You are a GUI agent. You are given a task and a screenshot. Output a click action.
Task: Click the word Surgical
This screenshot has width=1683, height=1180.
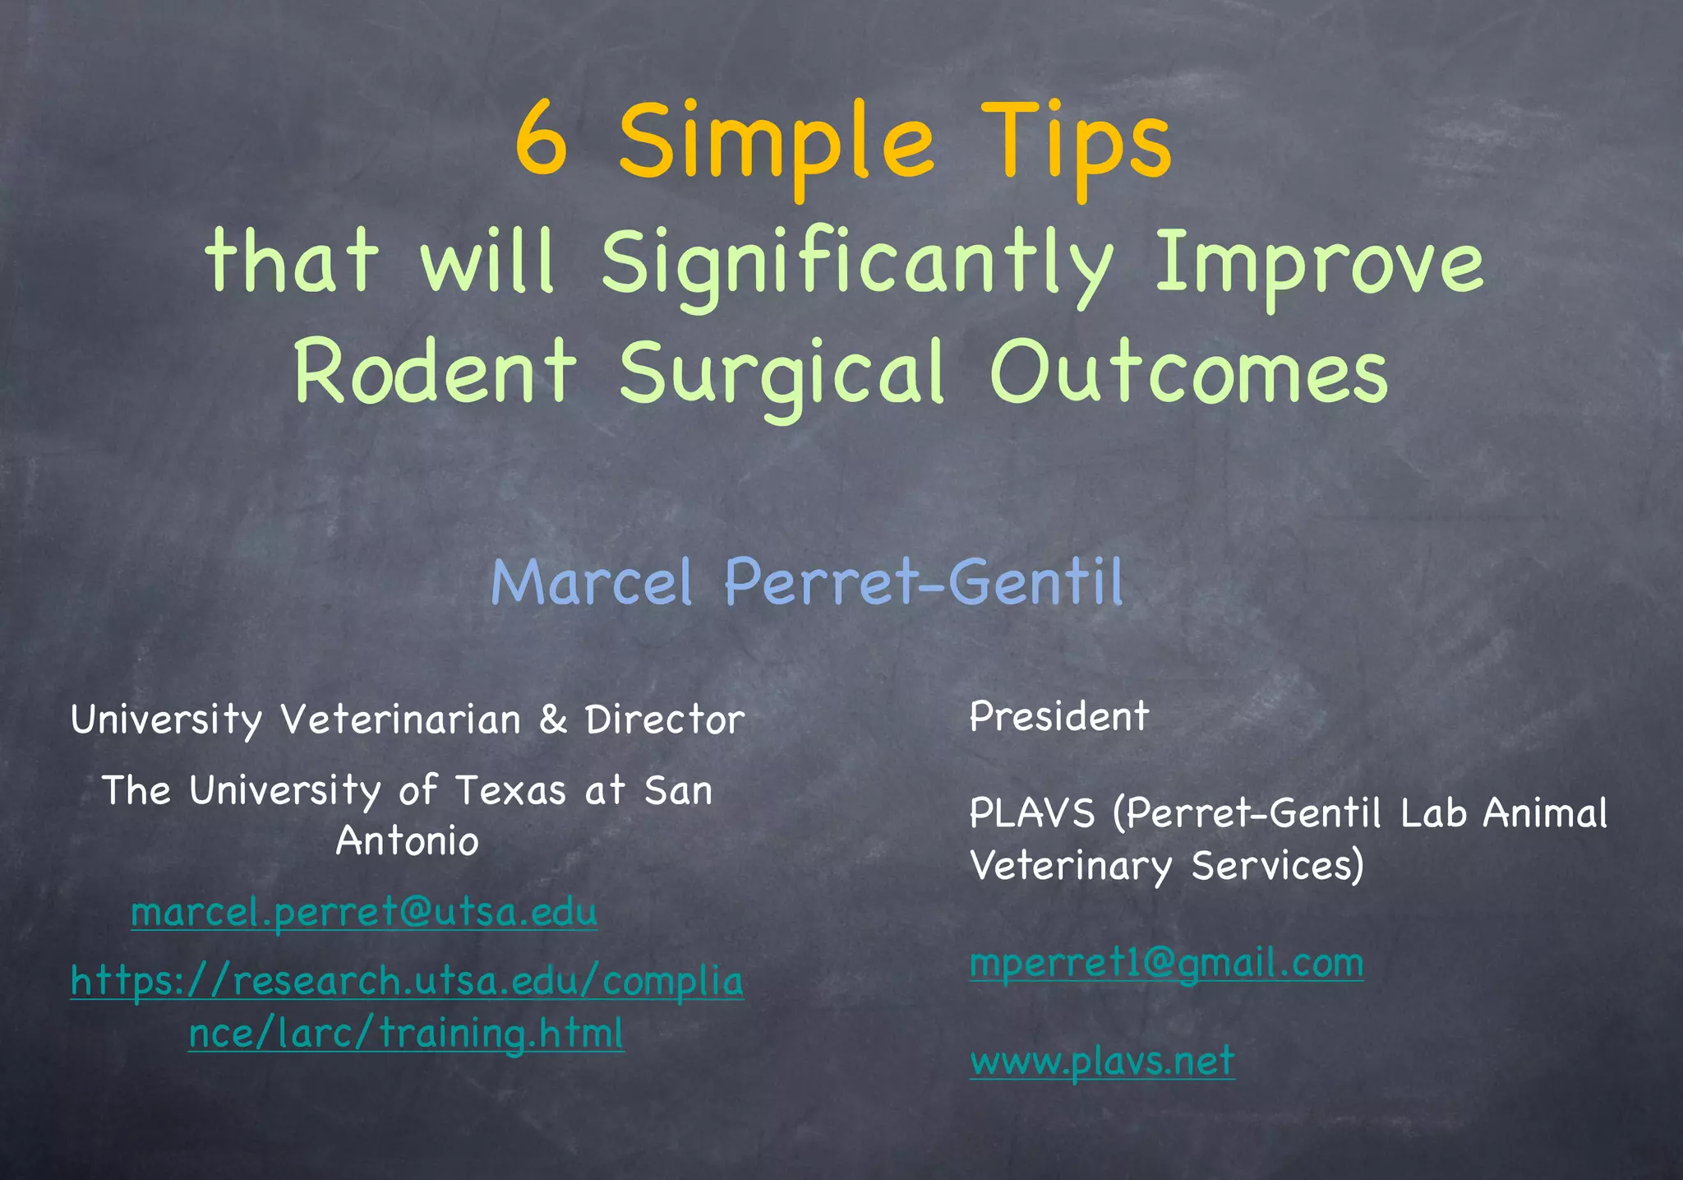(x=782, y=375)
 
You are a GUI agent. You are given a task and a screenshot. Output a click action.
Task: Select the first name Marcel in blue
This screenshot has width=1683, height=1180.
(x=592, y=582)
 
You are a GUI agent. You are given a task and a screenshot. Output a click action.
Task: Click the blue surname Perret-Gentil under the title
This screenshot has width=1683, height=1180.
(x=923, y=582)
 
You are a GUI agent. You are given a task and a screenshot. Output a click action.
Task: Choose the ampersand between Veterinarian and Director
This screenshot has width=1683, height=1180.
(x=553, y=720)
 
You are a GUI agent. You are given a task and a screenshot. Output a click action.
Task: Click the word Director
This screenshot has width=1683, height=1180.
(x=665, y=720)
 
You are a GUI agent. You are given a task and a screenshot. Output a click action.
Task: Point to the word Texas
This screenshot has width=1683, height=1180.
(x=510, y=791)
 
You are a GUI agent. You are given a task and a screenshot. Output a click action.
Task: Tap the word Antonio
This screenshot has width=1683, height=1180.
(x=407, y=841)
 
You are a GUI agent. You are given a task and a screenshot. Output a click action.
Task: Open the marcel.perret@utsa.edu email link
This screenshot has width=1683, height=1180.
(x=364, y=912)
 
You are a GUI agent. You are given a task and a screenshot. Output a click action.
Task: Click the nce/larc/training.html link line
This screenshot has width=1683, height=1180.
(x=407, y=1033)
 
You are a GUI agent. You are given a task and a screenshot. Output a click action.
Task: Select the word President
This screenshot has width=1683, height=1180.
(x=1058, y=716)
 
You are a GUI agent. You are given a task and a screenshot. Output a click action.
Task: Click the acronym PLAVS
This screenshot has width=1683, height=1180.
(x=1032, y=813)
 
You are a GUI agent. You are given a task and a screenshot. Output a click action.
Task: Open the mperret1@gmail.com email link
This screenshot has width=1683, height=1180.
(x=1166, y=962)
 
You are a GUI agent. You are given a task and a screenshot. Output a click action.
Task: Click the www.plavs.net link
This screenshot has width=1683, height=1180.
(x=1102, y=1061)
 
